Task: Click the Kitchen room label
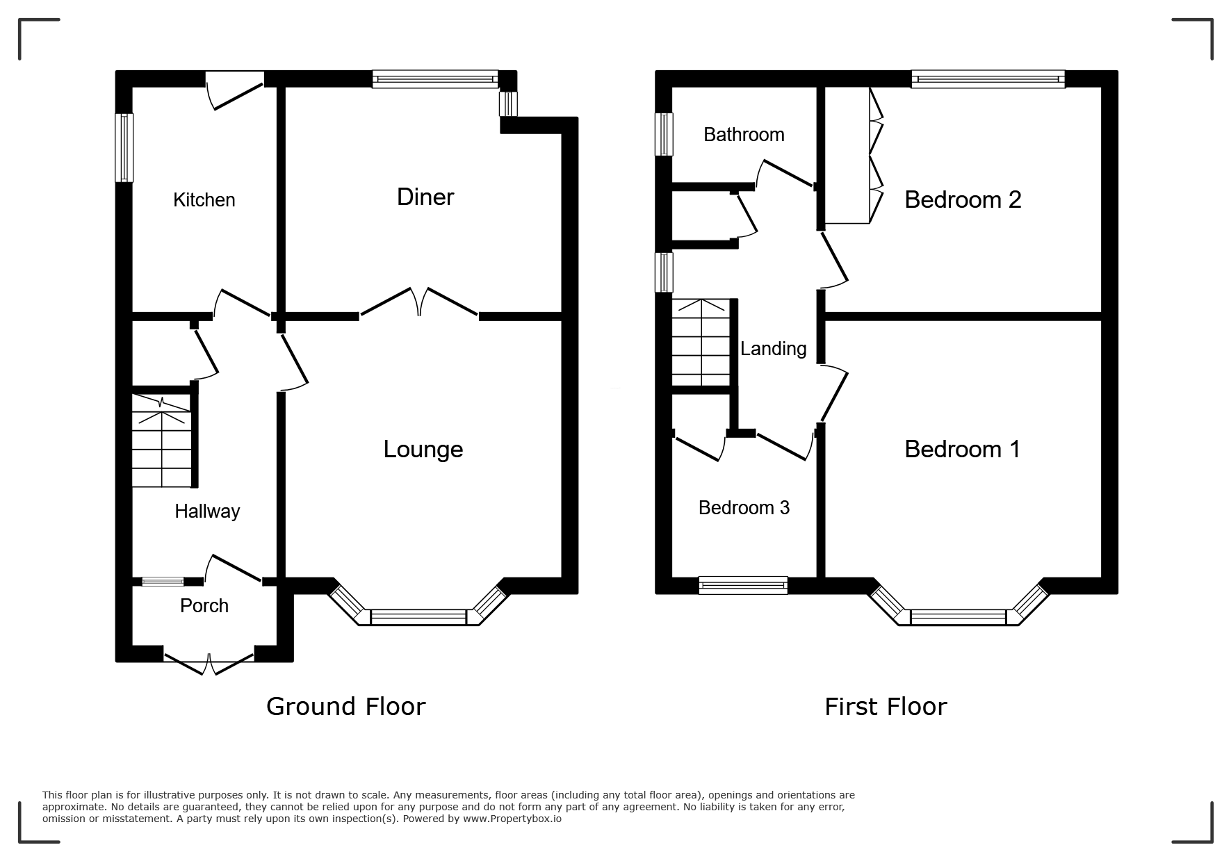(204, 200)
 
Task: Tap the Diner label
(425, 197)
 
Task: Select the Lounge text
(423, 450)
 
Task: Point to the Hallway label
(207, 511)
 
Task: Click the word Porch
(204, 606)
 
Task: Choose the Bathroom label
(744, 135)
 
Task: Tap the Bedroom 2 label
(963, 200)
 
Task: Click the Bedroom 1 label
(963, 450)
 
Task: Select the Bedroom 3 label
(744, 508)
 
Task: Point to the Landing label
(773, 349)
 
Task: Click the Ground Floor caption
(345, 707)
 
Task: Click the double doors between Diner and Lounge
(419, 303)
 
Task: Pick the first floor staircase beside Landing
(701, 342)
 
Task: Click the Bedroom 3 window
(743, 585)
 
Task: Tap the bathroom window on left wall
(665, 133)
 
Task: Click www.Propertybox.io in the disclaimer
(512, 819)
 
